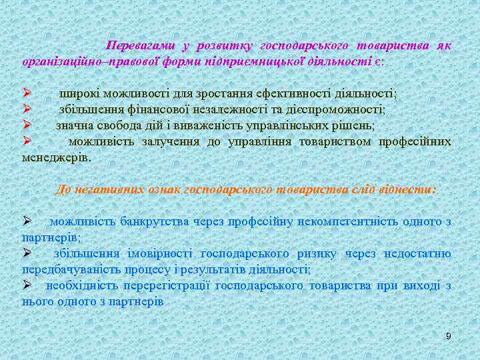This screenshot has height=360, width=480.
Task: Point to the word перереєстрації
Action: [x=169, y=286]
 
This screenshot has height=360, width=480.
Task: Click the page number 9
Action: [x=449, y=336]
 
